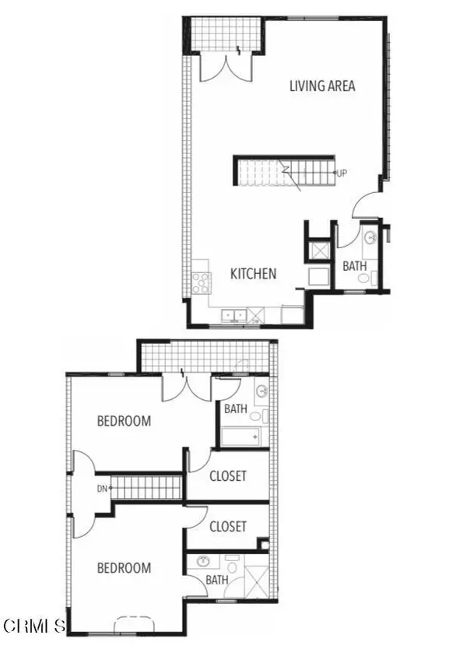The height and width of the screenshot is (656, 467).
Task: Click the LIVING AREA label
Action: coord(322,86)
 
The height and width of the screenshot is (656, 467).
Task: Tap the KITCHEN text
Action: coord(253,274)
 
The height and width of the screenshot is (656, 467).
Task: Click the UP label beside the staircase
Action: coord(341,173)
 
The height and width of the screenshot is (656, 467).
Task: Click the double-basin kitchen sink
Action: coord(233,315)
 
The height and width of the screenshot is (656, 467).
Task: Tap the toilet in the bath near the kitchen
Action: coord(374,278)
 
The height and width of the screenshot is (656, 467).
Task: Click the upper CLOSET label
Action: coord(228,475)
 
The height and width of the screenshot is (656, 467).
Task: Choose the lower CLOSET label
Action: coord(228,527)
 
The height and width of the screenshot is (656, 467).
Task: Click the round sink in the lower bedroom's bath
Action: coord(203,561)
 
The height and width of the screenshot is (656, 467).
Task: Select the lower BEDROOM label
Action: coord(123,568)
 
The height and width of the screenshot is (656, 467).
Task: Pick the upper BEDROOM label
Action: coord(123,422)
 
